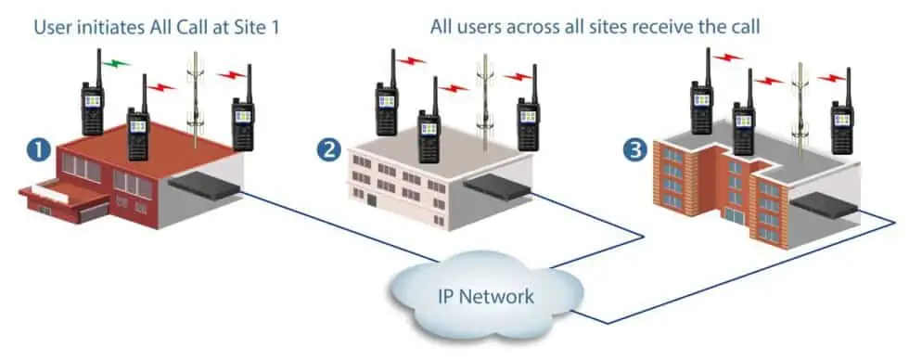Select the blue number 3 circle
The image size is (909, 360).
pos(635,149)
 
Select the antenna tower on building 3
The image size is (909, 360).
pos(800,97)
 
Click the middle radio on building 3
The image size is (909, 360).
pos(744,121)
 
